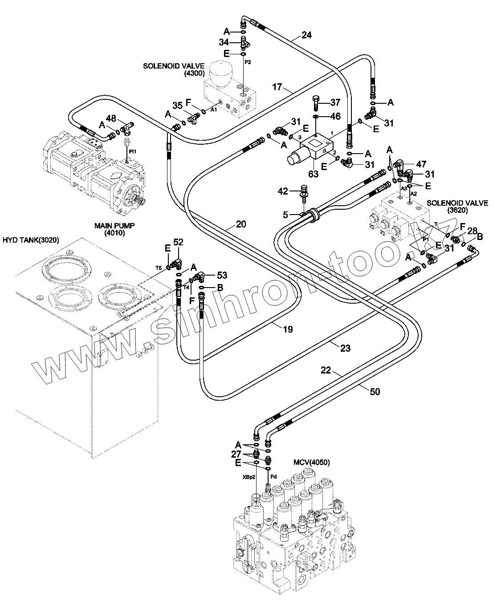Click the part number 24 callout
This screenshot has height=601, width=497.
[x=306, y=35]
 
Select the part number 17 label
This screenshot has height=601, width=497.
[x=277, y=87]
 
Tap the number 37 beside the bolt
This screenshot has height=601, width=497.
[x=335, y=103]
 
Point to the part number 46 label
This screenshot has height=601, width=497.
[x=335, y=117]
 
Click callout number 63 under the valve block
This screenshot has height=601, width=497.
[x=314, y=174]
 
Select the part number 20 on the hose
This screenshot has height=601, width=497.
[x=241, y=224]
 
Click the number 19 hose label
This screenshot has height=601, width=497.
[x=288, y=329]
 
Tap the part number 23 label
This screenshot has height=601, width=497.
[x=345, y=348]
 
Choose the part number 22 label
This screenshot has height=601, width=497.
[x=326, y=370]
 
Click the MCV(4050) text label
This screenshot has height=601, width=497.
[x=311, y=463]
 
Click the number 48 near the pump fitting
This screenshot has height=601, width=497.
[x=111, y=118]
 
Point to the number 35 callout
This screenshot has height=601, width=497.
[x=177, y=106]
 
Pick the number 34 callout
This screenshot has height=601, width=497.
[x=224, y=42]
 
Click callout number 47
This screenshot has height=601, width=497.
[x=421, y=164]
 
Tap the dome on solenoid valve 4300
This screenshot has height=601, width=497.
[x=221, y=73]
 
